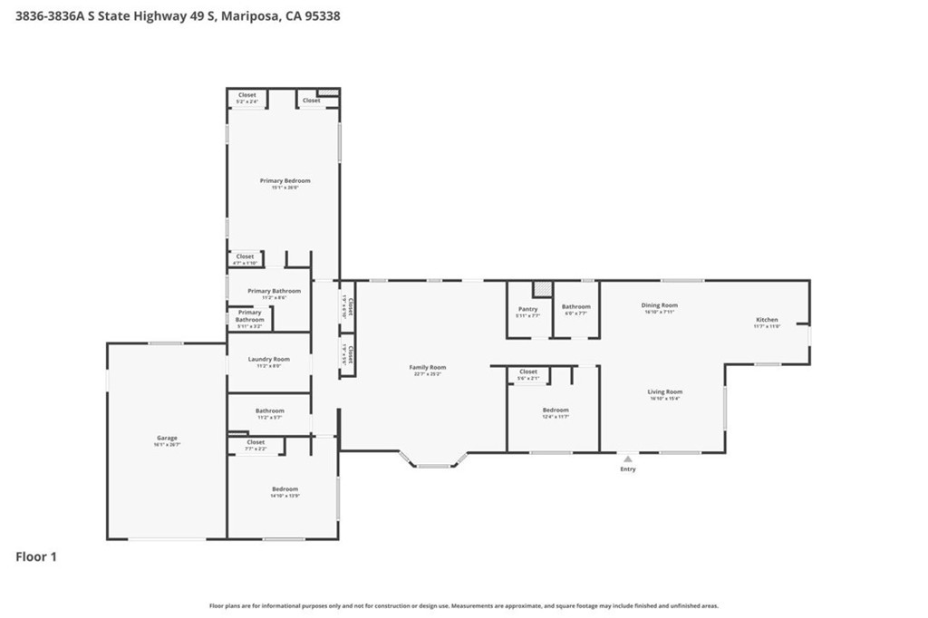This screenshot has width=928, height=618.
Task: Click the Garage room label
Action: [167, 439]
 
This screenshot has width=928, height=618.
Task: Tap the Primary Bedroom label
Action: [285, 181]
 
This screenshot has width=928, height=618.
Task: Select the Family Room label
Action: [428, 368]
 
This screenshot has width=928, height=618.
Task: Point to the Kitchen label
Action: [767, 320]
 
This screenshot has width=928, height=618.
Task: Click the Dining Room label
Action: [661, 306]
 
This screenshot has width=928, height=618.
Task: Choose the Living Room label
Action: [664, 392]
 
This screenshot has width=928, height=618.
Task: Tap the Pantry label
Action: [527, 310]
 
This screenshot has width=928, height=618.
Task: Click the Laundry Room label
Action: [269, 360]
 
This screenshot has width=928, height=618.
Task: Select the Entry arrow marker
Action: [627, 459]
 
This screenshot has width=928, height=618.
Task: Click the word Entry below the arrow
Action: [628, 469]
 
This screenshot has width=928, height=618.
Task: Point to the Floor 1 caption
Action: [36, 557]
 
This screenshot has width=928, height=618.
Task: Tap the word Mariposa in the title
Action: [246, 15]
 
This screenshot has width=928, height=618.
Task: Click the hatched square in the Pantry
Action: [542, 288]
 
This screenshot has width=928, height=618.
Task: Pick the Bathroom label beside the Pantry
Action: [575, 307]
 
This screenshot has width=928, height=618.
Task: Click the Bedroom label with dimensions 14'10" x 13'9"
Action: [285, 490]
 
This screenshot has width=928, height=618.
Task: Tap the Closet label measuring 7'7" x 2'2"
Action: [256, 442]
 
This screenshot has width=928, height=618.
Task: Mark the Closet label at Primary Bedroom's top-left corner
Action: [246, 95]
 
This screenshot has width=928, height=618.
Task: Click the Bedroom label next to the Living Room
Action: [556, 410]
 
